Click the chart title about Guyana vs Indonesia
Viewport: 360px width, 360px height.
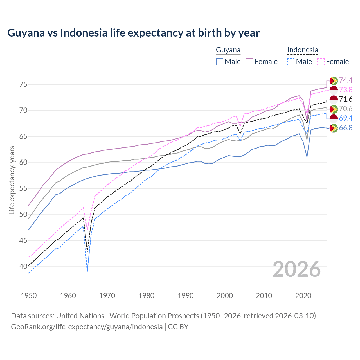click(x=133, y=33)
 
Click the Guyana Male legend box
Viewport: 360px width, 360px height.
click(x=220, y=62)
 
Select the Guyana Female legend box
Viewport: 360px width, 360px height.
click(x=249, y=62)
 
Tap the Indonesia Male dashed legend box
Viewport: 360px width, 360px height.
click(x=291, y=62)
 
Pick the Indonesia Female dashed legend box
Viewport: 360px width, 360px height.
click(x=321, y=62)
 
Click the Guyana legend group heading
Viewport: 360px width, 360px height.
click(x=228, y=50)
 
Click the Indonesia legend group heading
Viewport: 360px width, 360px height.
click(x=303, y=50)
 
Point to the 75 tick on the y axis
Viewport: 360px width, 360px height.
click(x=23, y=84)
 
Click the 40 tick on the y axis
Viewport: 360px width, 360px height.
click(x=23, y=266)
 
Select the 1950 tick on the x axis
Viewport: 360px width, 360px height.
click(x=29, y=296)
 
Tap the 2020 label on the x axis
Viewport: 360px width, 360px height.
click(x=303, y=296)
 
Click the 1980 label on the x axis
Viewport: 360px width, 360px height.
click(x=146, y=296)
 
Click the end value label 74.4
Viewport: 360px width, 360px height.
click(x=346, y=80)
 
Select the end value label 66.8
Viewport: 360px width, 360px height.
click(x=346, y=128)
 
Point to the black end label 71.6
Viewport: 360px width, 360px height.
click(x=346, y=99)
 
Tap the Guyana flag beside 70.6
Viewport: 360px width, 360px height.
click(x=334, y=109)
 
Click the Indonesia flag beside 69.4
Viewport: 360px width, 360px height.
click(x=334, y=118)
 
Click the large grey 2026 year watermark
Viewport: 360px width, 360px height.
click(x=296, y=269)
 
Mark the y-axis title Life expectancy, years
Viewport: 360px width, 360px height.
click(x=12, y=180)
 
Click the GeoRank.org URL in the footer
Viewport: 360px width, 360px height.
click(x=87, y=327)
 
